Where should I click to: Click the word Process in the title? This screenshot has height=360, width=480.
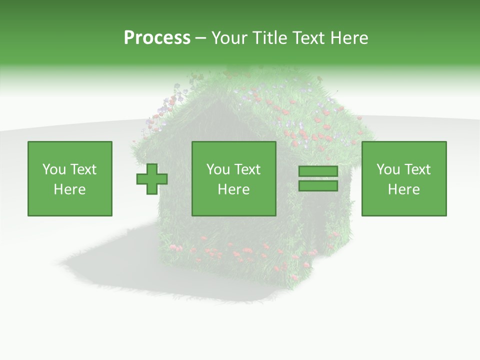(x=157, y=37)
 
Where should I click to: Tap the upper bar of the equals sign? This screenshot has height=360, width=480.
(x=318, y=171)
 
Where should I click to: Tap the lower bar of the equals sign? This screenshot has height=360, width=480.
(x=318, y=186)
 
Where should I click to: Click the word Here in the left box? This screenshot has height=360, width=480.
(x=69, y=189)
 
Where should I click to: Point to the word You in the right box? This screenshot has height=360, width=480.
(x=388, y=169)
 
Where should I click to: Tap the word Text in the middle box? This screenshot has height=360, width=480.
(x=247, y=169)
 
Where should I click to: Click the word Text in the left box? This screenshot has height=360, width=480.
(x=83, y=169)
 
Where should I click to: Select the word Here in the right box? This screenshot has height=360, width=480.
(x=403, y=189)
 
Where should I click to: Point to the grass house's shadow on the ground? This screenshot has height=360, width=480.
(x=110, y=260)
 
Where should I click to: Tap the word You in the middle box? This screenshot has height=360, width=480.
(x=218, y=169)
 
